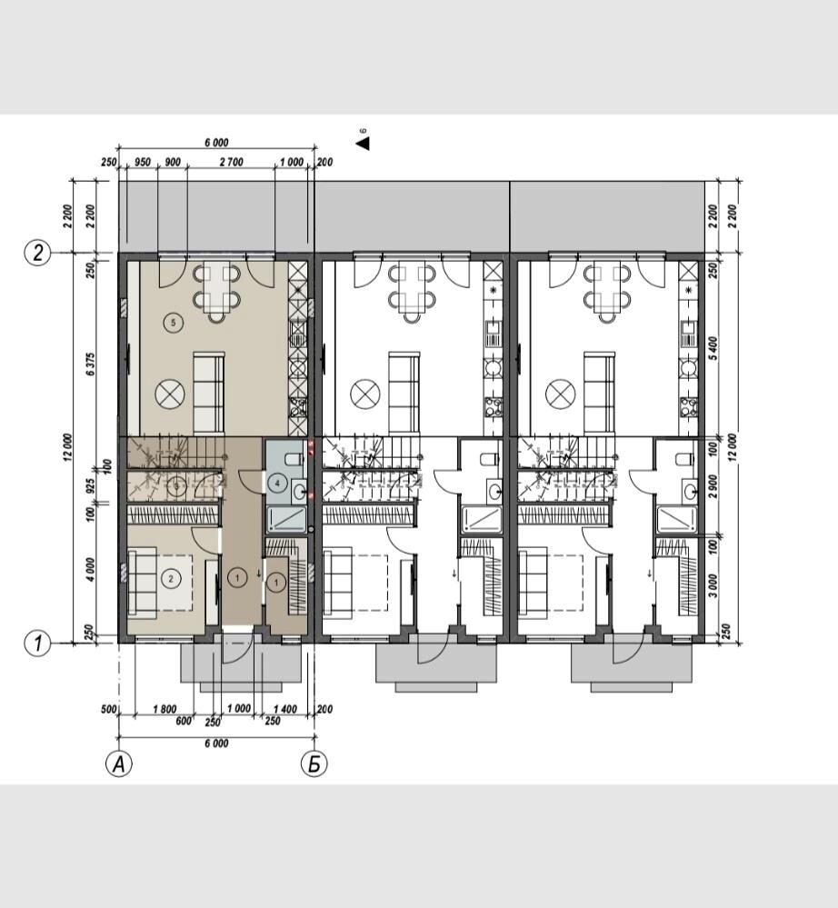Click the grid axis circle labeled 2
(37, 253)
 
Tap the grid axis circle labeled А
(119, 764)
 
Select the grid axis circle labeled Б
(314, 764)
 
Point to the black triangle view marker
(364, 143)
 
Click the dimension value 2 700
(231, 162)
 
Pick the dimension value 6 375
(90, 364)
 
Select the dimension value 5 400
(713, 349)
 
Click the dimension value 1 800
(165, 709)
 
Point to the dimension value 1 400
(284, 709)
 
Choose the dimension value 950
(143, 162)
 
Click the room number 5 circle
(174, 323)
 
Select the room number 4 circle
(278, 483)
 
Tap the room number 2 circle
(170, 578)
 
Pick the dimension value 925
(90, 484)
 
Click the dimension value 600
(184, 721)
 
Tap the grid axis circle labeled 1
(37, 643)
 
